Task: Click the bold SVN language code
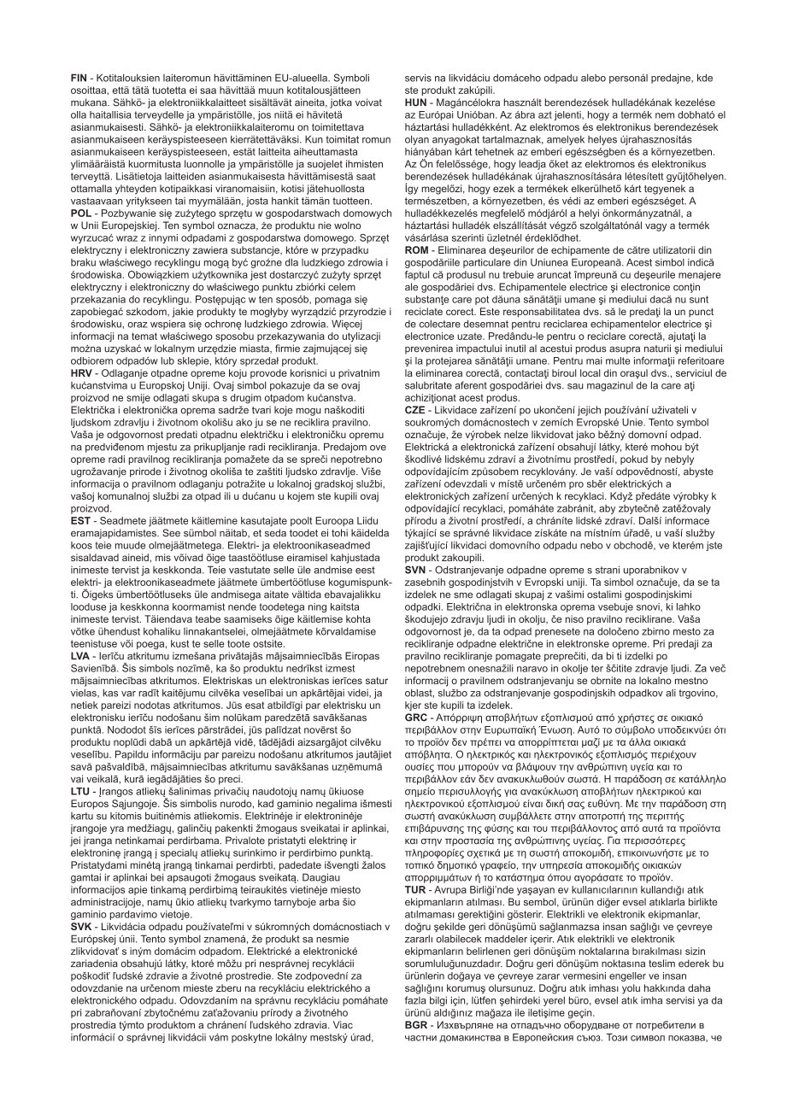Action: click(416, 569)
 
